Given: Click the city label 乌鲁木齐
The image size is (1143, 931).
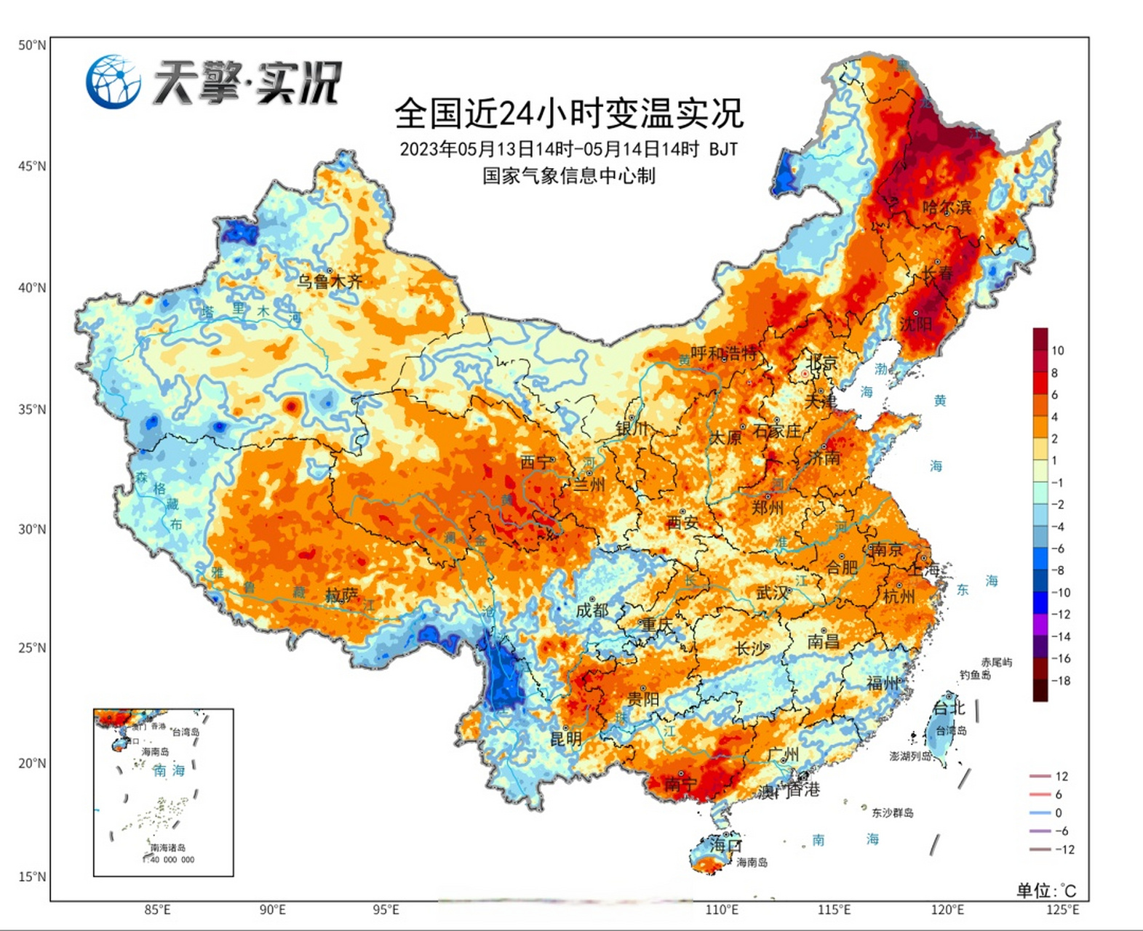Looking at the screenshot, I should [x=329, y=281].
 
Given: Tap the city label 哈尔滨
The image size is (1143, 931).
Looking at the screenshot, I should [x=947, y=207].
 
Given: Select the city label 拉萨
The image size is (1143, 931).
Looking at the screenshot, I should [x=342, y=596].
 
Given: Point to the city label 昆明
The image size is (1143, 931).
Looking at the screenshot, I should [x=565, y=739].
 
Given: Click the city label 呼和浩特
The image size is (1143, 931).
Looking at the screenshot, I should [x=724, y=354].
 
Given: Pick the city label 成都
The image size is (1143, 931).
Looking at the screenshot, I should [x=592, y=610].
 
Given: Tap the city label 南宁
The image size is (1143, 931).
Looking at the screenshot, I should [x=681, y=784].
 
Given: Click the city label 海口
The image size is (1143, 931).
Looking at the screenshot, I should [x=725, y=845].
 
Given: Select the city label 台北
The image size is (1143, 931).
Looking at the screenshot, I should [x=949, y=707].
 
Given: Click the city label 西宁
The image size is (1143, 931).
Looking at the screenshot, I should [x=537, y=462].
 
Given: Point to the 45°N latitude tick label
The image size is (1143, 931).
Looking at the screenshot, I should [x=32, y=166].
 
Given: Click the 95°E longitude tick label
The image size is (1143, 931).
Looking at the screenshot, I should [x=386, y=910].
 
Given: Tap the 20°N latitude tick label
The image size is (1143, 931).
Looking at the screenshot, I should [x=32, y=763].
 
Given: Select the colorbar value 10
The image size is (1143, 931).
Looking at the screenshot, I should [x=1057, y=351].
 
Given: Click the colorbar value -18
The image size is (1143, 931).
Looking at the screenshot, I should [x=1062, y=681].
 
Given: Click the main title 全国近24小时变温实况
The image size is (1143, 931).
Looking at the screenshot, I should [x=569, y=113].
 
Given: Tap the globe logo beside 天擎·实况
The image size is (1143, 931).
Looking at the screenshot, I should [x=113, y=81].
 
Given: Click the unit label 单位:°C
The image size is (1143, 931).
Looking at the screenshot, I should [x=1046, y=890].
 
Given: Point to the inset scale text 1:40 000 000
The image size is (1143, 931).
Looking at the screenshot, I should [x=170, y=860].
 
